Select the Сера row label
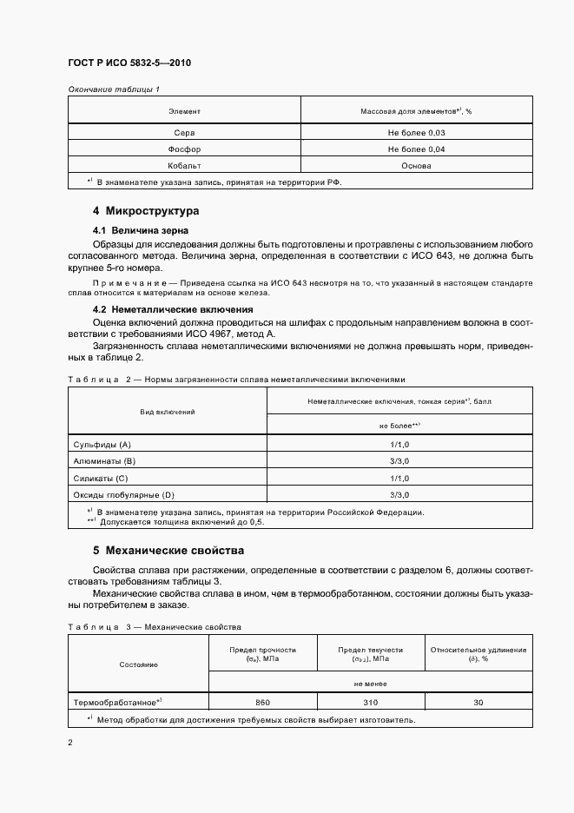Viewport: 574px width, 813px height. (184, 132)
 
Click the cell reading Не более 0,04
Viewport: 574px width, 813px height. (417, 149)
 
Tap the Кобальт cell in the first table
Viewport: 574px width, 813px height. (184, 165)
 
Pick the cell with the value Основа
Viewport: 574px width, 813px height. (417, 165)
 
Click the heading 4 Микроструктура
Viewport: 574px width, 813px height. (146, 211)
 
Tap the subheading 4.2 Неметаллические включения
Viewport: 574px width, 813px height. (168, 309)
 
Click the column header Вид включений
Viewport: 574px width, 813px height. (168, 411)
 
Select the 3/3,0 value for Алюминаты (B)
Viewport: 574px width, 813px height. (399, 460)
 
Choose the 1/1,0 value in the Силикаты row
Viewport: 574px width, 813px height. (399, 478)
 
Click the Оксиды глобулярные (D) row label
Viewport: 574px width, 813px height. (124, 494)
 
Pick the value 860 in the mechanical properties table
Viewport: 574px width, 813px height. (262, 701)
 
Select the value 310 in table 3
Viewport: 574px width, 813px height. (371, 701)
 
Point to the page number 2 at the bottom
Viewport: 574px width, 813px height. (70, 743)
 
